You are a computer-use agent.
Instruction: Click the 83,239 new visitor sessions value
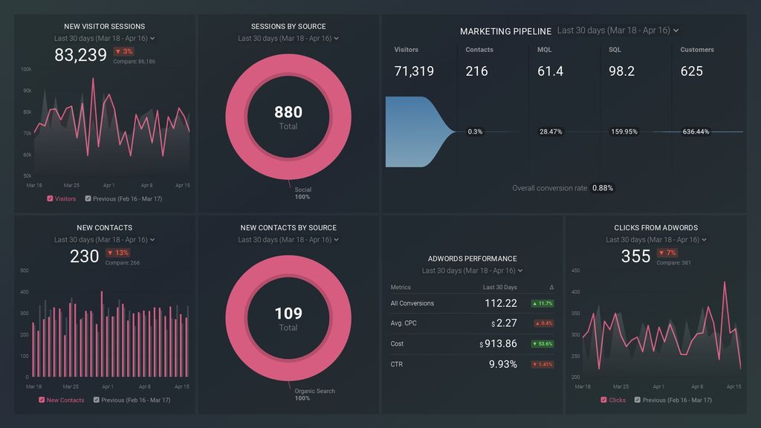coord(80,55)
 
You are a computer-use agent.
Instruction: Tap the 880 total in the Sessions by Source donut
coord(288,112)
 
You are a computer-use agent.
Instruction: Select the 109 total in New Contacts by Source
coord(288,314)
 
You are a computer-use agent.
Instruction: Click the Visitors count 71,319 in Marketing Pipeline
coord(414,71)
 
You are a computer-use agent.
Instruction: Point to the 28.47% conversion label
coord(551,132)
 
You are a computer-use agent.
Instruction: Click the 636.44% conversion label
coord(696,132)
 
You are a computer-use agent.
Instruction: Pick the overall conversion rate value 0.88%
coord(603,188)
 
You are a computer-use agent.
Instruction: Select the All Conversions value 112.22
coord(500,303)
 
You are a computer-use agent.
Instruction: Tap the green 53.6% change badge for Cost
coord(542,344)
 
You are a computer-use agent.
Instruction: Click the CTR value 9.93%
coord(502,364)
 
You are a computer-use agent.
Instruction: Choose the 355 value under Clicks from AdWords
coord(635,256)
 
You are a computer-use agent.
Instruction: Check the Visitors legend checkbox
coord(50,198)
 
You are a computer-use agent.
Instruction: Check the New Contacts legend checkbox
coord(42,400)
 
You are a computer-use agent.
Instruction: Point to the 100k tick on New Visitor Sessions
coord(26,69)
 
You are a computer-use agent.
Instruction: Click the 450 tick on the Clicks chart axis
coord(575,270)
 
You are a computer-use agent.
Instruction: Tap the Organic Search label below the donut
coord(314,391)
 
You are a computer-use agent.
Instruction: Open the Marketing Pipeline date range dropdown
coord(618,30)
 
